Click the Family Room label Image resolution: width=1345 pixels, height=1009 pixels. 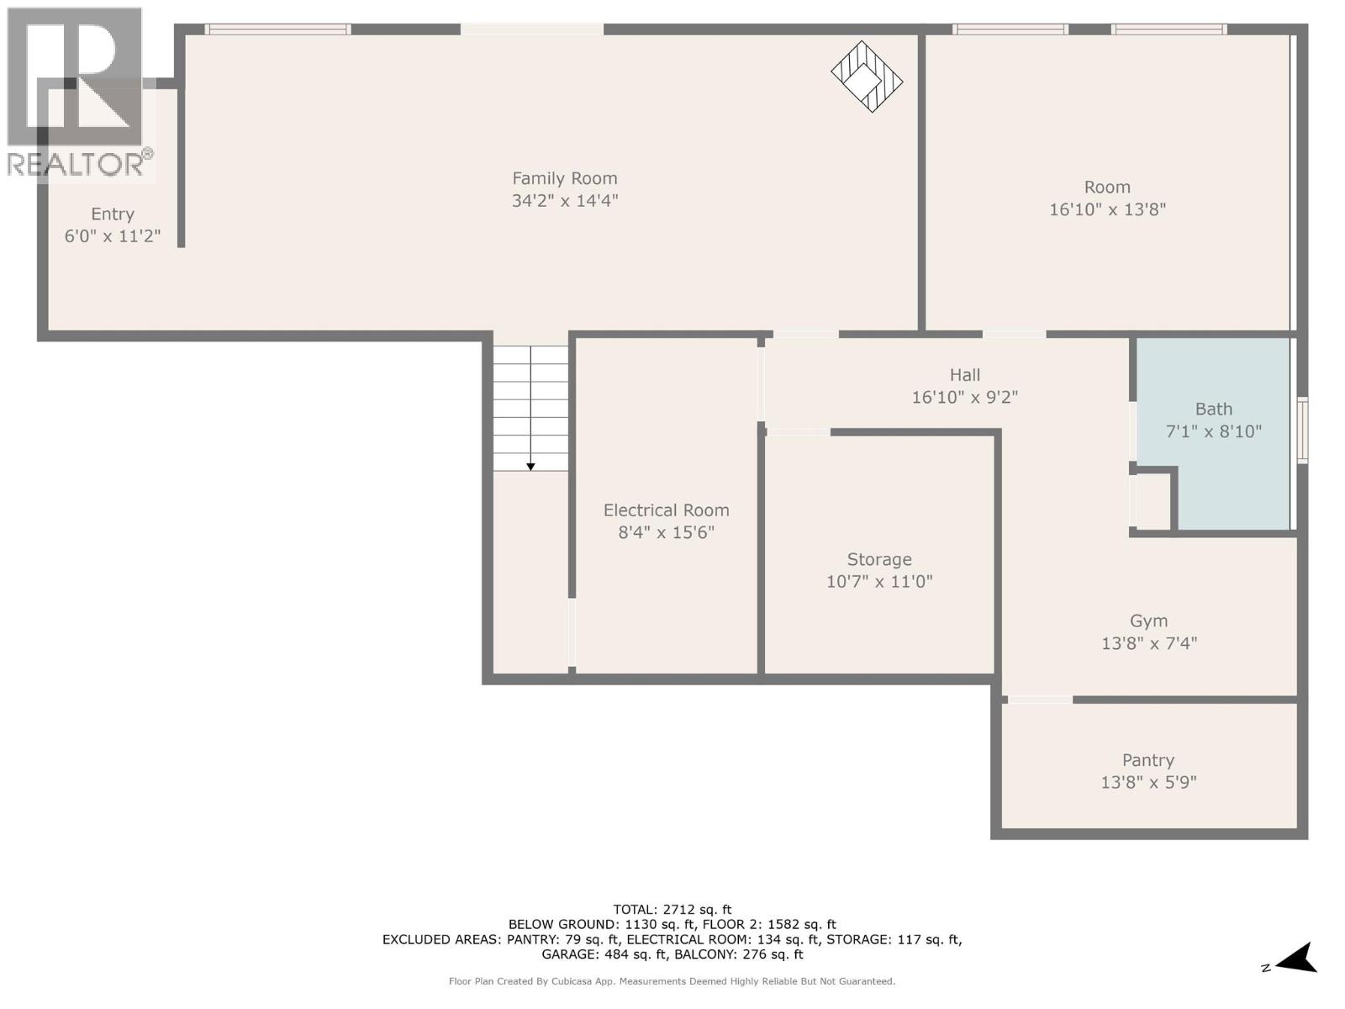[x=564, y=178]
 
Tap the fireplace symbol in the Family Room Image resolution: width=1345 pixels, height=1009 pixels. [x=867, y=77]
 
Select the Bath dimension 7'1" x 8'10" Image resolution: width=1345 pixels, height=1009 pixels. [x=1213, y=431]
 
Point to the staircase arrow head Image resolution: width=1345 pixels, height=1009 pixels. [x=530, y=467]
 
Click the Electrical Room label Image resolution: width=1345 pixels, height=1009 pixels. [x=666, y=510]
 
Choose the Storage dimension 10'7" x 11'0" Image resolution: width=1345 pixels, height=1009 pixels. [x=879, y=581]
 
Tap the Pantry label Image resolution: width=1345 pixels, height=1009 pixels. [x=1147, y=760]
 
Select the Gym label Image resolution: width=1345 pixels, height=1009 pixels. [x=1148, y=621]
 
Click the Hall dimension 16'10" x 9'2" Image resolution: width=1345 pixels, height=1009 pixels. [x=964, y=397]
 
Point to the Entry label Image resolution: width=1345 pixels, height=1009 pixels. [x=113, y=214]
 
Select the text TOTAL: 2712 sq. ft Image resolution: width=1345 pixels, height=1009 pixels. [x=672, y=909]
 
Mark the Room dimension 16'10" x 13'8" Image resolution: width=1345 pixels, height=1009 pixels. [x=1107, y=209]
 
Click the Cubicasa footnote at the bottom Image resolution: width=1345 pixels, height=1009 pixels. [x=672, y=981]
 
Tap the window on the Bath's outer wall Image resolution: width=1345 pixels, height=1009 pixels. [x=1302, y=431]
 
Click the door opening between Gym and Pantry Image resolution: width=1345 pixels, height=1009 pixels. [x=1040, y=700]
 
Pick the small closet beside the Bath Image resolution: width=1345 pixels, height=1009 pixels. [x=1152, y=502]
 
